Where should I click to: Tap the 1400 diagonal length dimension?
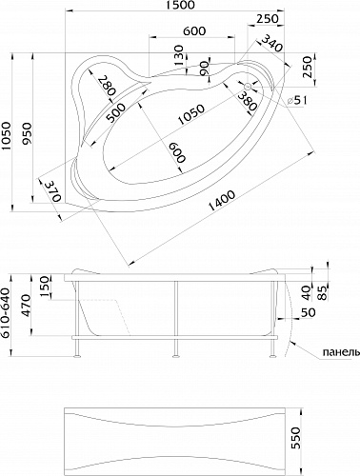pyautogui.click(x=221, y=201)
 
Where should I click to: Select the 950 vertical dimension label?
pyautogui.click(x=28, y=134)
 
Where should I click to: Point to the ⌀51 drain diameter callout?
pyautogui.click(x=296, y=100)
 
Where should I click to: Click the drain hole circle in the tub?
pyautogui.click(x=248, y=86)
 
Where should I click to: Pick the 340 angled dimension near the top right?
pyautogui.click(x=271, y=44)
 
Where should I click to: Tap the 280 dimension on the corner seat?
pyautogui.click(x=106, y=87)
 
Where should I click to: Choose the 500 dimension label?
pyautogui.click(x=116, y=113)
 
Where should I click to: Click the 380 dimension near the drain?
pyautogui.click(x=247, y=101)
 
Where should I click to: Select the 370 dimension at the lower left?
pyautogui.click(x=52, y=191)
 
